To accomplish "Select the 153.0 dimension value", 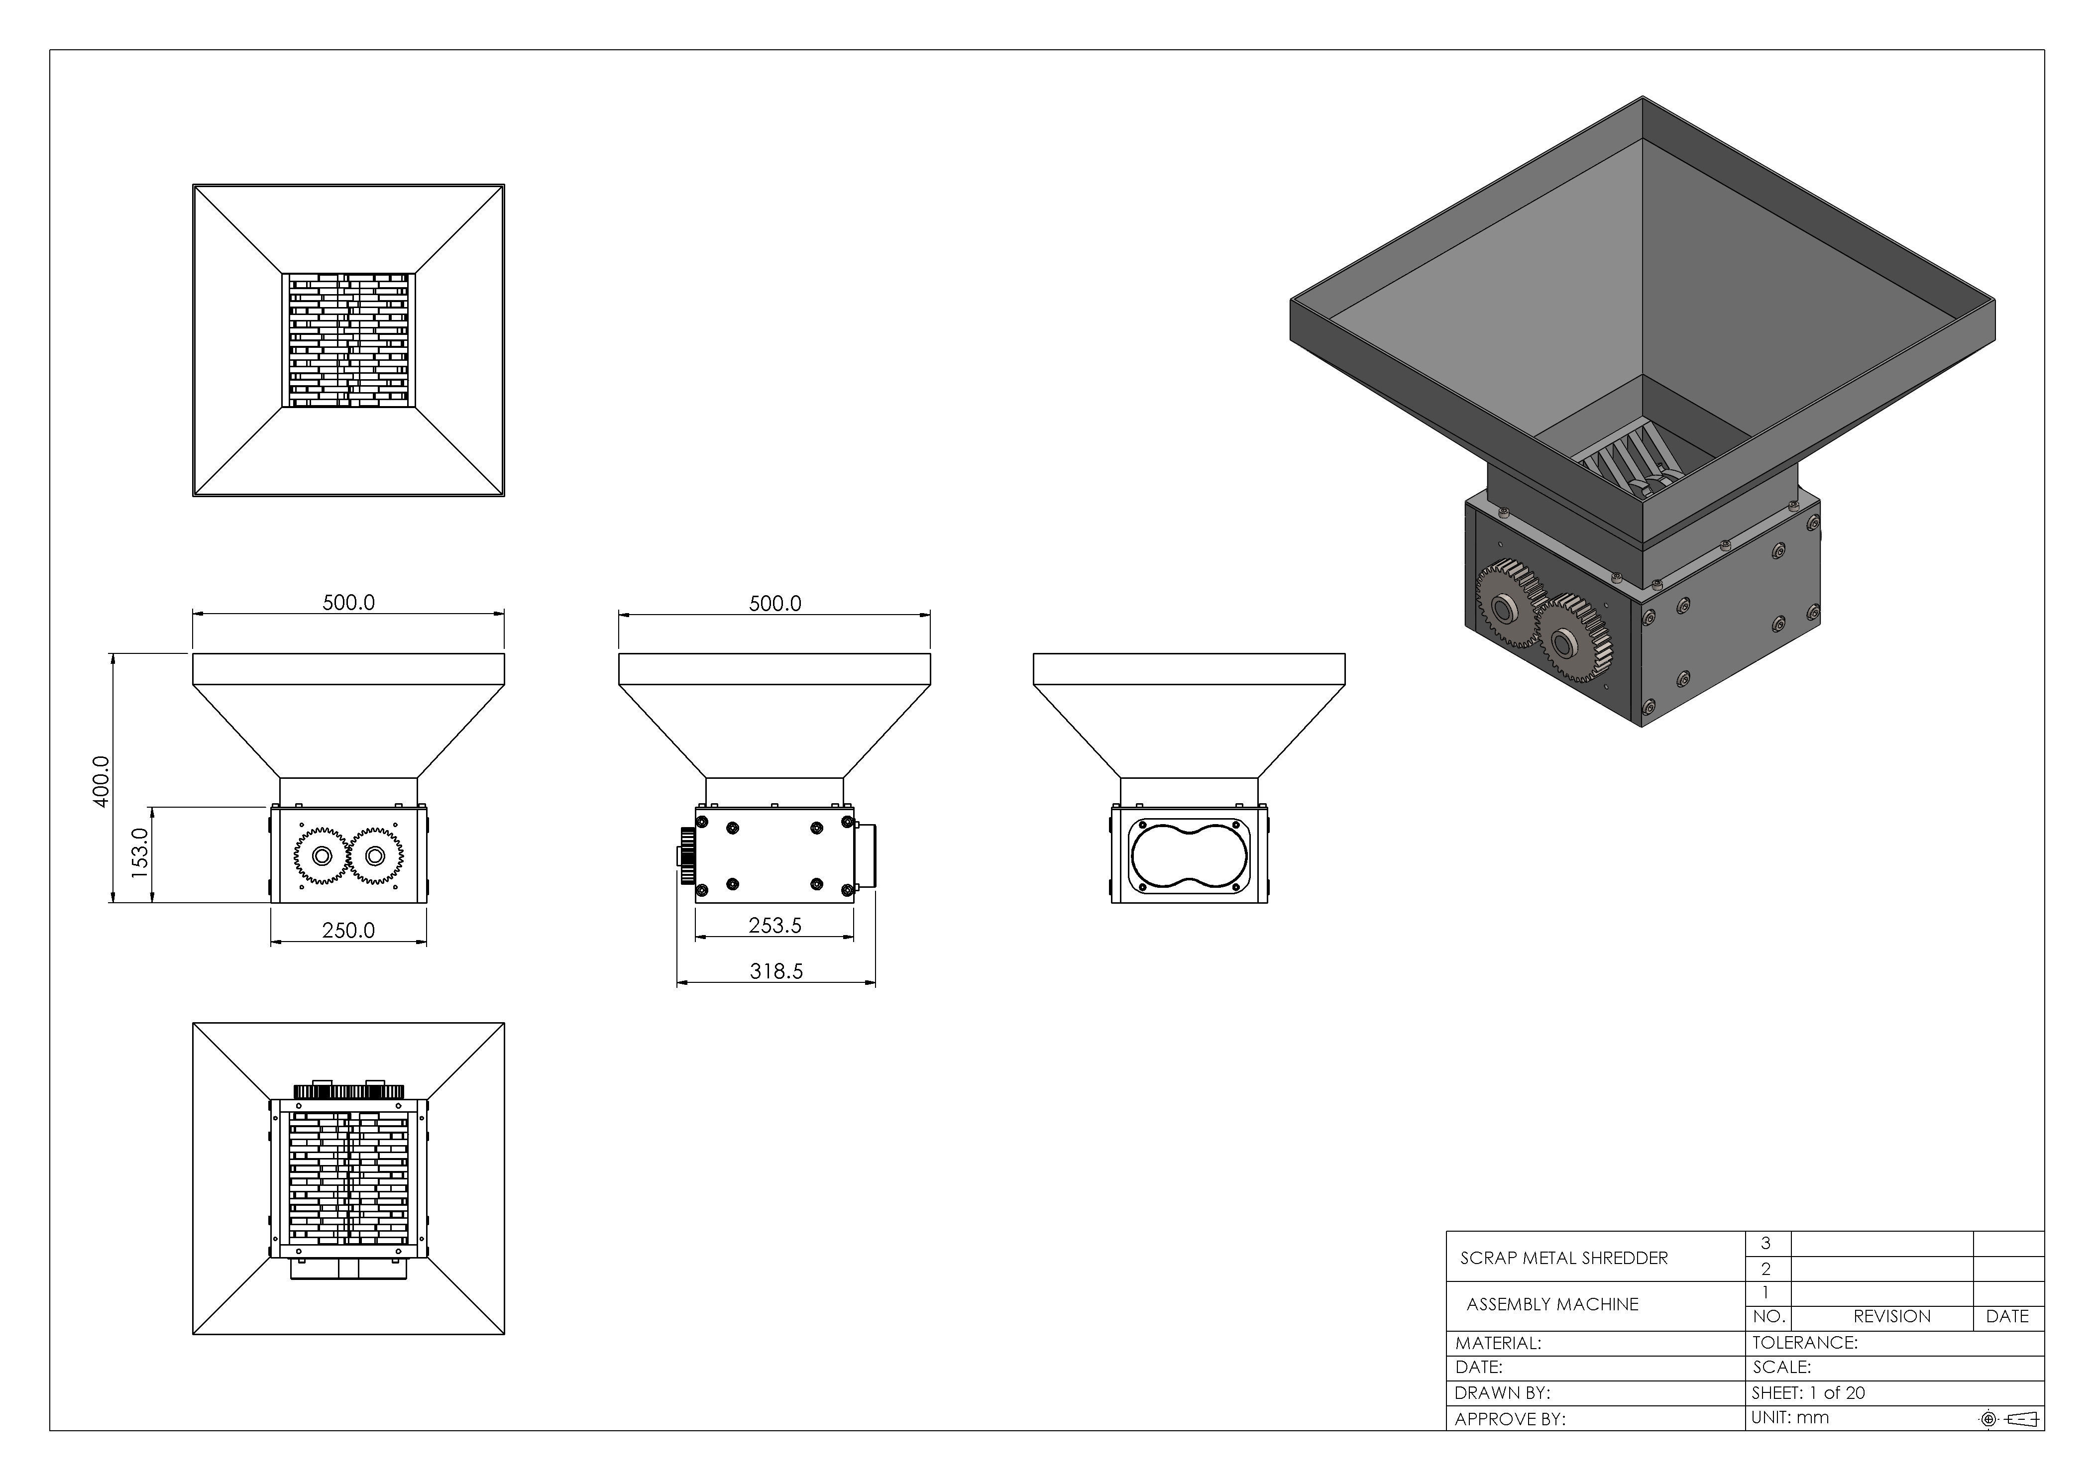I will (x=139, y=853).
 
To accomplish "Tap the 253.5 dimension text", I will (x=774, y=925).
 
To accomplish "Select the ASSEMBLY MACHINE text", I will (x=1552, y=1304).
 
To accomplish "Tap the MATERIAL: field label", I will (x=1497, y=1343).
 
